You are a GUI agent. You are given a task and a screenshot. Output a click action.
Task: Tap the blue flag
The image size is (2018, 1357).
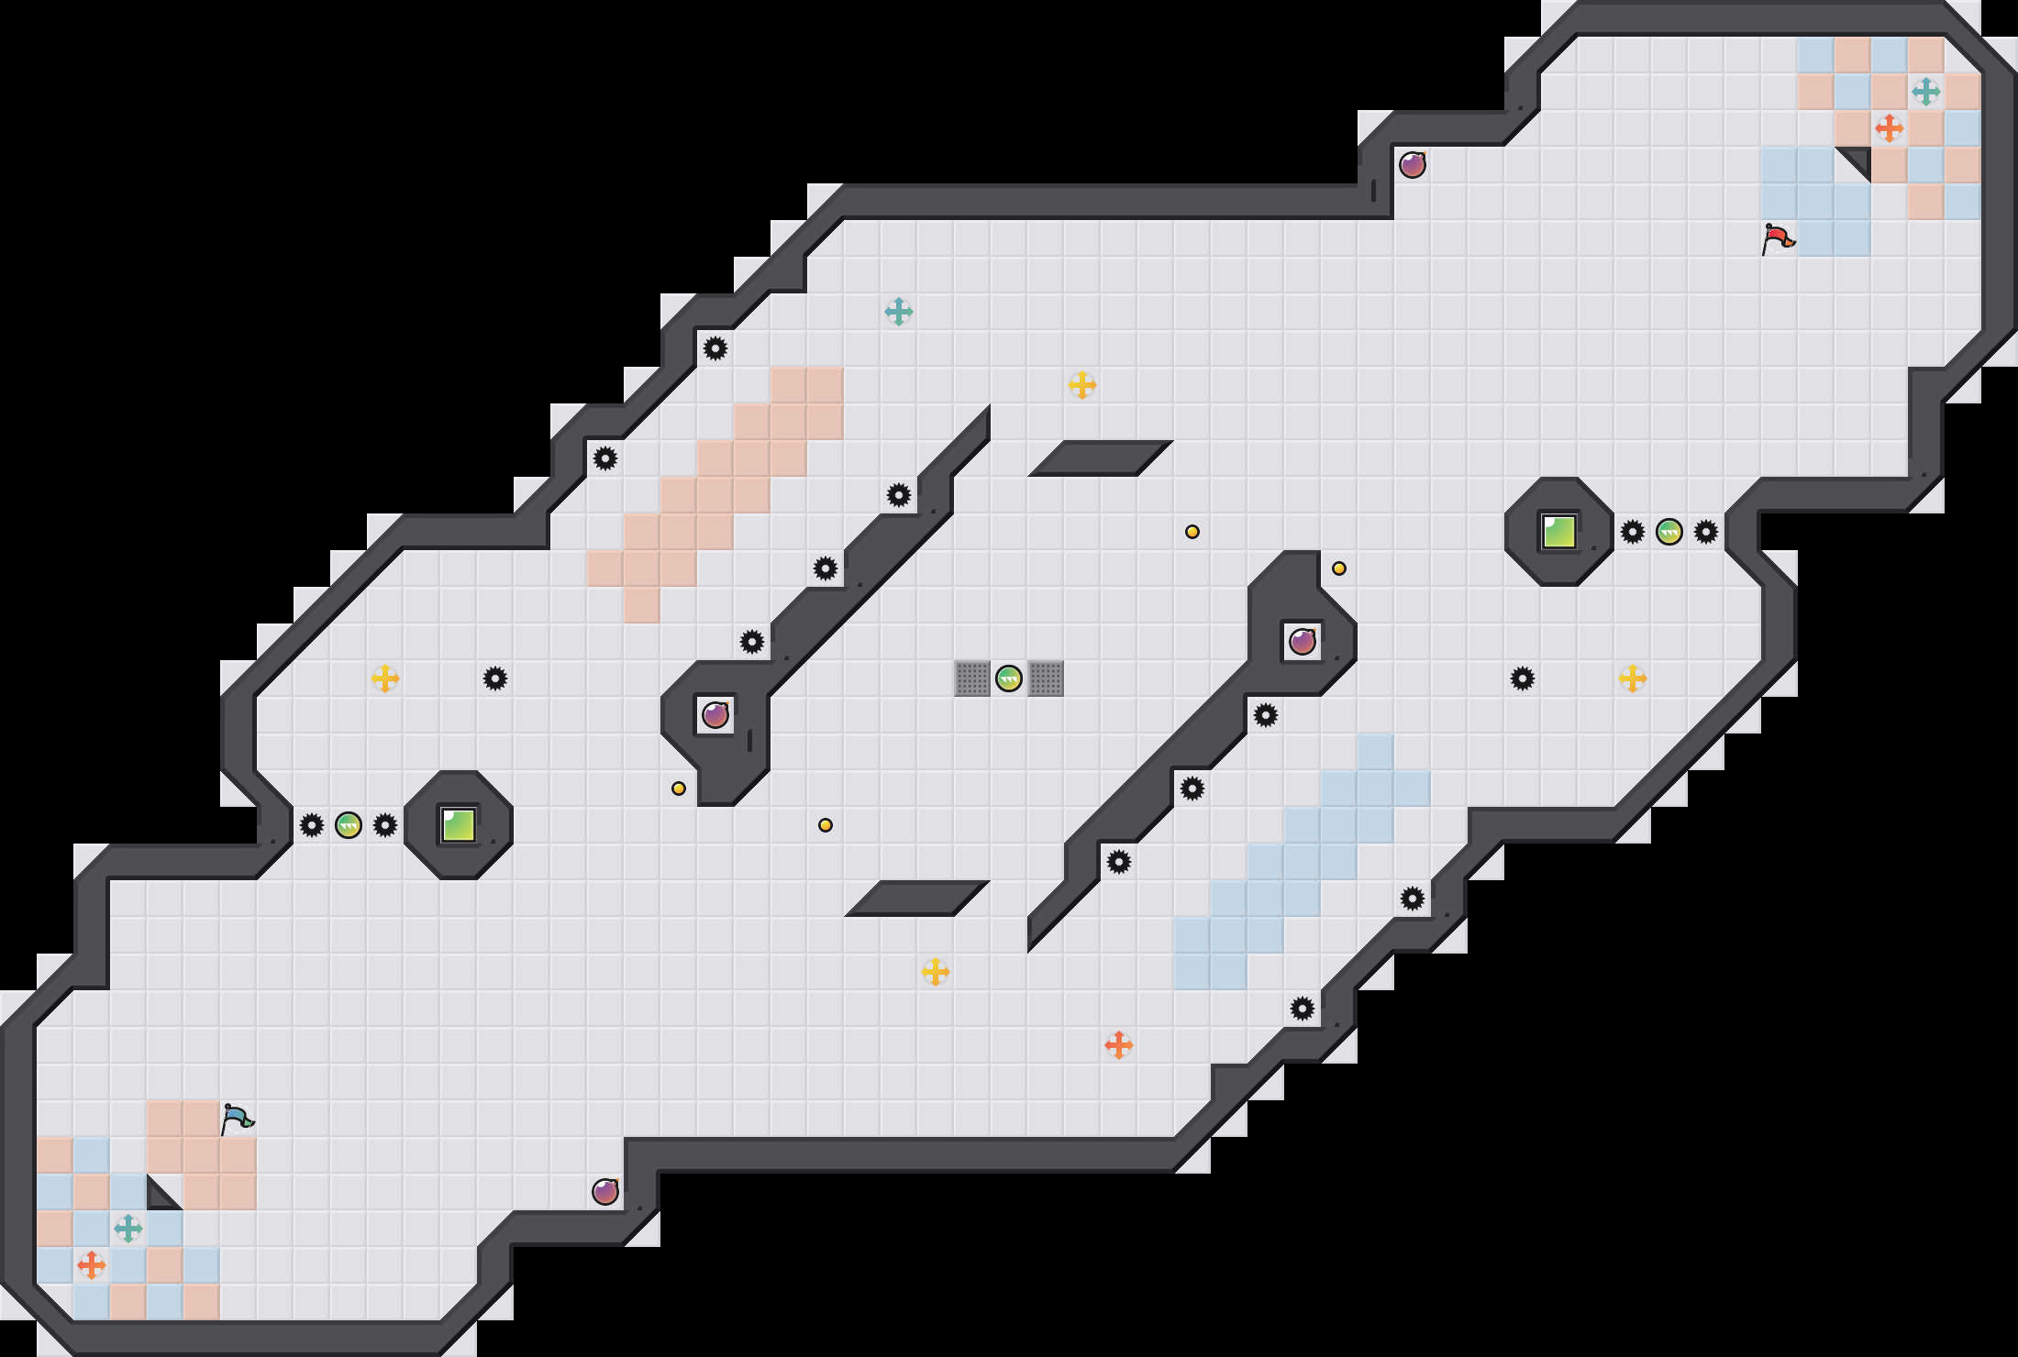point(237,1119)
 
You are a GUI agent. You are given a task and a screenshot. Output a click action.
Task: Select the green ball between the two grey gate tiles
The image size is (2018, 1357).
point(1009,678)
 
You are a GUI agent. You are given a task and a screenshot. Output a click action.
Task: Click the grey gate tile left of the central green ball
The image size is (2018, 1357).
point(972,678)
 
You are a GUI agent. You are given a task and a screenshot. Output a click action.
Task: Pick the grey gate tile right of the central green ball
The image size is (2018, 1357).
point(1046,678)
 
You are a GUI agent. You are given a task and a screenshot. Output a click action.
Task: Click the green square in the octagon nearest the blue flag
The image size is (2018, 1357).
point(459,825)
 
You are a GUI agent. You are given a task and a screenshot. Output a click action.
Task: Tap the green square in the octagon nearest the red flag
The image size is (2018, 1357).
point(1559,532)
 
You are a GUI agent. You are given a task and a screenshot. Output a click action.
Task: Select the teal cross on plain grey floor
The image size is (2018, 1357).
point(899,312)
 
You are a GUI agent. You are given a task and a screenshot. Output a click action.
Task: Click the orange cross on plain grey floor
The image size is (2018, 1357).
point(1119,1045)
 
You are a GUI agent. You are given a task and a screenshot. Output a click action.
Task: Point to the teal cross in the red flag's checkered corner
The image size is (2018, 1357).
point(1926,92)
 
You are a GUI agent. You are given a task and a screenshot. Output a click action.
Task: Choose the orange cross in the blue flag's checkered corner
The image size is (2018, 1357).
point(92,1265)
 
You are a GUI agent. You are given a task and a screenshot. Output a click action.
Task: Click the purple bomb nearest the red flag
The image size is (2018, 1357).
point(1413,165)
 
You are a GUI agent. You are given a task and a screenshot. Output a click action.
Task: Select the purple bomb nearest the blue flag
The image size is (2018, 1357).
point(605,1192)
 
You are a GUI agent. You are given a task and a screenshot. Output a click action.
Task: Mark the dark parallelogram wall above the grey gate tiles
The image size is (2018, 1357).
point(1101,458)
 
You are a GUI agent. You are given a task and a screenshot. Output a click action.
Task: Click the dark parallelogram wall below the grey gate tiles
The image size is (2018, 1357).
point(917,899)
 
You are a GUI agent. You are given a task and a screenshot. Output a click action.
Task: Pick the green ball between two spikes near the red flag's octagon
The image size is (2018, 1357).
point(1669,532)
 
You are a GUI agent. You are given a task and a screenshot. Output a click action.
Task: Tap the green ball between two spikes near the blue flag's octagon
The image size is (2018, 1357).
point(349,825)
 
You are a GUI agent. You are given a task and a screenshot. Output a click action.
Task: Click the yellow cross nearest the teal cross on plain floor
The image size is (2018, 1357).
point(1082,385)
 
